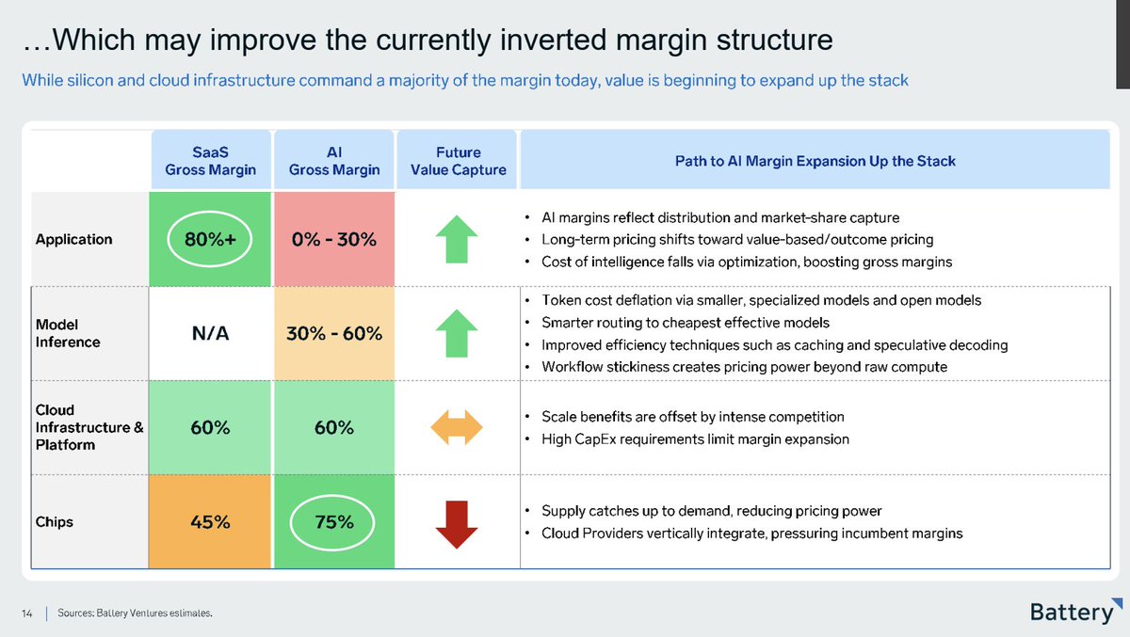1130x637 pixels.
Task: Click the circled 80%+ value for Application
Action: (209, 239)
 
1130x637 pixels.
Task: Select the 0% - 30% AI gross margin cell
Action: (334, 239)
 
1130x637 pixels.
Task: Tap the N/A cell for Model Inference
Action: (210, 333)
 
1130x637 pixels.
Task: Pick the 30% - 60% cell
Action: (334, 333)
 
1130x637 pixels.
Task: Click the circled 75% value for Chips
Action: (332, 521)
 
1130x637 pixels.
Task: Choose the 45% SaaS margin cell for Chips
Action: (210, 521)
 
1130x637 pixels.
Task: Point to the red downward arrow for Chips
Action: (457, 524)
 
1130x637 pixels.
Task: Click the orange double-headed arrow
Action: (457, 427)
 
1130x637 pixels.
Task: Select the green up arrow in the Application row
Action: (457, 239)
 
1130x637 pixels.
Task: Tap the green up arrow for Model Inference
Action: (457, 333)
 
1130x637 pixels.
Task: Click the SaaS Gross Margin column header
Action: (211, 160)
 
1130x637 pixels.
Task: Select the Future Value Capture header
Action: (458, 160)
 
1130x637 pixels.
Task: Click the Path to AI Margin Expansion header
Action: (815, 161)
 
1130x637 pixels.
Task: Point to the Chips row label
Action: (54, 521)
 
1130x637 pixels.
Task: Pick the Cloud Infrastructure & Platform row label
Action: (89, 427)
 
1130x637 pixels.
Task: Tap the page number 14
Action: (26, 613)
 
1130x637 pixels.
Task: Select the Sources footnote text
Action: (135, 613)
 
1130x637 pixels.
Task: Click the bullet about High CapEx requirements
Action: (695, 439)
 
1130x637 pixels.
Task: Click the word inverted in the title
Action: (553, 40)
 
